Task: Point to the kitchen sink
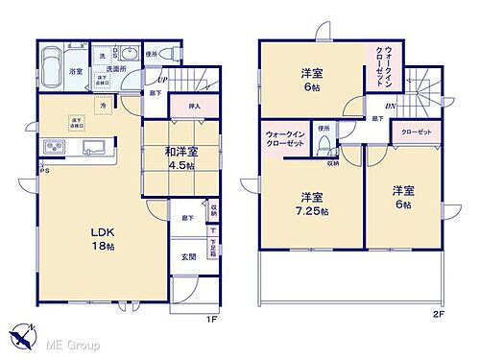tap(93, 147)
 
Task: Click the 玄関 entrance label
tap(189, 257)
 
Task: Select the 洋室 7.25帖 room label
tap(313, 205)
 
